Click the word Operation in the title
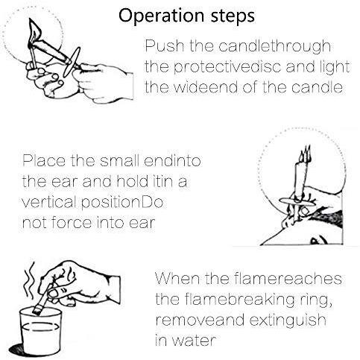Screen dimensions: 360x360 point(162,16)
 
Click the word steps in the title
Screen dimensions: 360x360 point(233,17)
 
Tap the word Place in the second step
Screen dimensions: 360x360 point(44,161)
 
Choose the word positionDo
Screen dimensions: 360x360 point(122,203)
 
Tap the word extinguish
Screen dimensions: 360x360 point(288,320)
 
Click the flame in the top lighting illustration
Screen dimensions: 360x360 point(34,31)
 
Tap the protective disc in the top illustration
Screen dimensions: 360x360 point(72,62)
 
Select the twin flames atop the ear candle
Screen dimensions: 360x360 point(306,155)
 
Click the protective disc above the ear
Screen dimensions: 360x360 point(297,202)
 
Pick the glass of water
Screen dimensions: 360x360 point(41,331)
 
